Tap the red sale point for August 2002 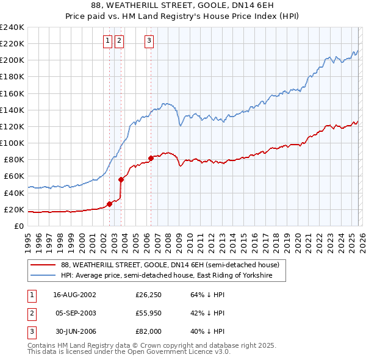click(x=110, y=204)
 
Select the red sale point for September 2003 click(x=121, y=179)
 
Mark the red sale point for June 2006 click(x=151, y=158)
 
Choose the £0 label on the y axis click(x=19, y=226)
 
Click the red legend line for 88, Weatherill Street click(x=43, y=265)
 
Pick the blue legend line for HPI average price click(x=43, y=276)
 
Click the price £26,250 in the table click(x=148, y=295)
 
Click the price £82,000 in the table click(x=148, y=331)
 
